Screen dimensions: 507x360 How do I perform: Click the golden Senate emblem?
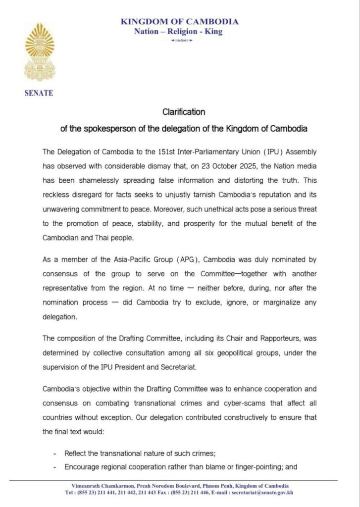(40, 53)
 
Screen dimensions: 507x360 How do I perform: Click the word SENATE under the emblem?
(39, 93)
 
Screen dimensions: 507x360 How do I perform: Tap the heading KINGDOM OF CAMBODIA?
(180, 22)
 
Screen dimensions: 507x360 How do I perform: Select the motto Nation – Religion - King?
(178, 32)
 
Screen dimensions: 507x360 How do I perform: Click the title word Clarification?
(184, 112)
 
